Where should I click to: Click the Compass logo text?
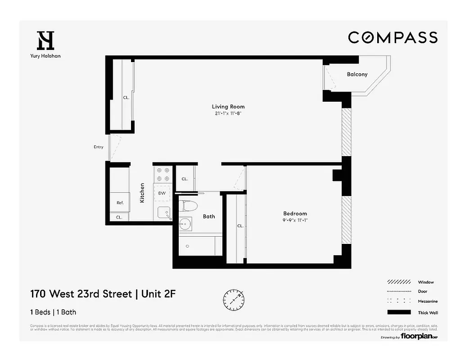393,37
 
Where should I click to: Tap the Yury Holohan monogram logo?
45,40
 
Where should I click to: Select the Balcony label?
357,74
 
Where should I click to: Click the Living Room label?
228,107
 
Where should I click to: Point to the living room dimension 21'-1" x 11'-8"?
228,113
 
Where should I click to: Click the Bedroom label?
295,213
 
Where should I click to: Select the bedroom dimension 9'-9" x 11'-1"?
295,220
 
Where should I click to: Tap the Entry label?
98,147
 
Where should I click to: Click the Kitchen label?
142,193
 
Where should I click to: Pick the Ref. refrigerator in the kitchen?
120,202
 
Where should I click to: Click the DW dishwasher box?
162,193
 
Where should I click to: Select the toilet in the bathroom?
188,205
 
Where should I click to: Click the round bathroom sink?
185,223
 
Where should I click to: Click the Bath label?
209,216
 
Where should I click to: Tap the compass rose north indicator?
234,298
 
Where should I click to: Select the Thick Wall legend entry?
427,313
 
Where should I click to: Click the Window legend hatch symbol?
399,282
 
